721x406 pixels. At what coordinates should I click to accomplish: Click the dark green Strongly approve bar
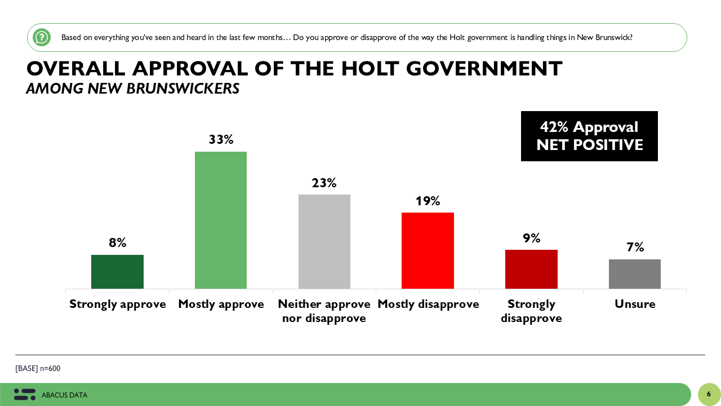[x=117, y=272]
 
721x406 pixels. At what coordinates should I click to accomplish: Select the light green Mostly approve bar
[x=221, y=220]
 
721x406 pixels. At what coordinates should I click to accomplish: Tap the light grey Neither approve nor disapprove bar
[x=324, y=241]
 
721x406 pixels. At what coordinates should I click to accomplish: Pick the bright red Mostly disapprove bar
[x=428, y=250]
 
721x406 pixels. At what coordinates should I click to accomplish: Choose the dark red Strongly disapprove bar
[x=531, y=269]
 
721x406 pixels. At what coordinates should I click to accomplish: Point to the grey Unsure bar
[x=635, y=274]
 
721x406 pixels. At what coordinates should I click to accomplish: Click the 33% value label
[x=221, y=139]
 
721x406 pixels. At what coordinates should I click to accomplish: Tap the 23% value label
[x=324, y=183]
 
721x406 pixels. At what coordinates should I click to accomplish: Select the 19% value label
[x=428, y=201]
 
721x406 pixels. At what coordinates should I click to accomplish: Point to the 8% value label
[x=117, y=242]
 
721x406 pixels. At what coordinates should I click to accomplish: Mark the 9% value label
[x=531, y=238]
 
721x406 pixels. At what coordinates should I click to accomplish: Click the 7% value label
[x=635, y=247]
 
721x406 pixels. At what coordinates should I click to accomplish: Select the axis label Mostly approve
[x=221, y=304]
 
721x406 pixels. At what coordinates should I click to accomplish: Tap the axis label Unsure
[x=635, y=304]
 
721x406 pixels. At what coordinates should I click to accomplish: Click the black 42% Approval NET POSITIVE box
[x=589, y=136]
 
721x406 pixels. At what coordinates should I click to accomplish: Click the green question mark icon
[x=42, y=37]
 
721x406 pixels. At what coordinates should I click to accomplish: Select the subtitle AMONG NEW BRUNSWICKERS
[x=132, y=89]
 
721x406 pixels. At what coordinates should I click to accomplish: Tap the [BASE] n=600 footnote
[x=38, y=369]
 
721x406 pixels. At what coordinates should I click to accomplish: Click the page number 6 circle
[x=709, y=394]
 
